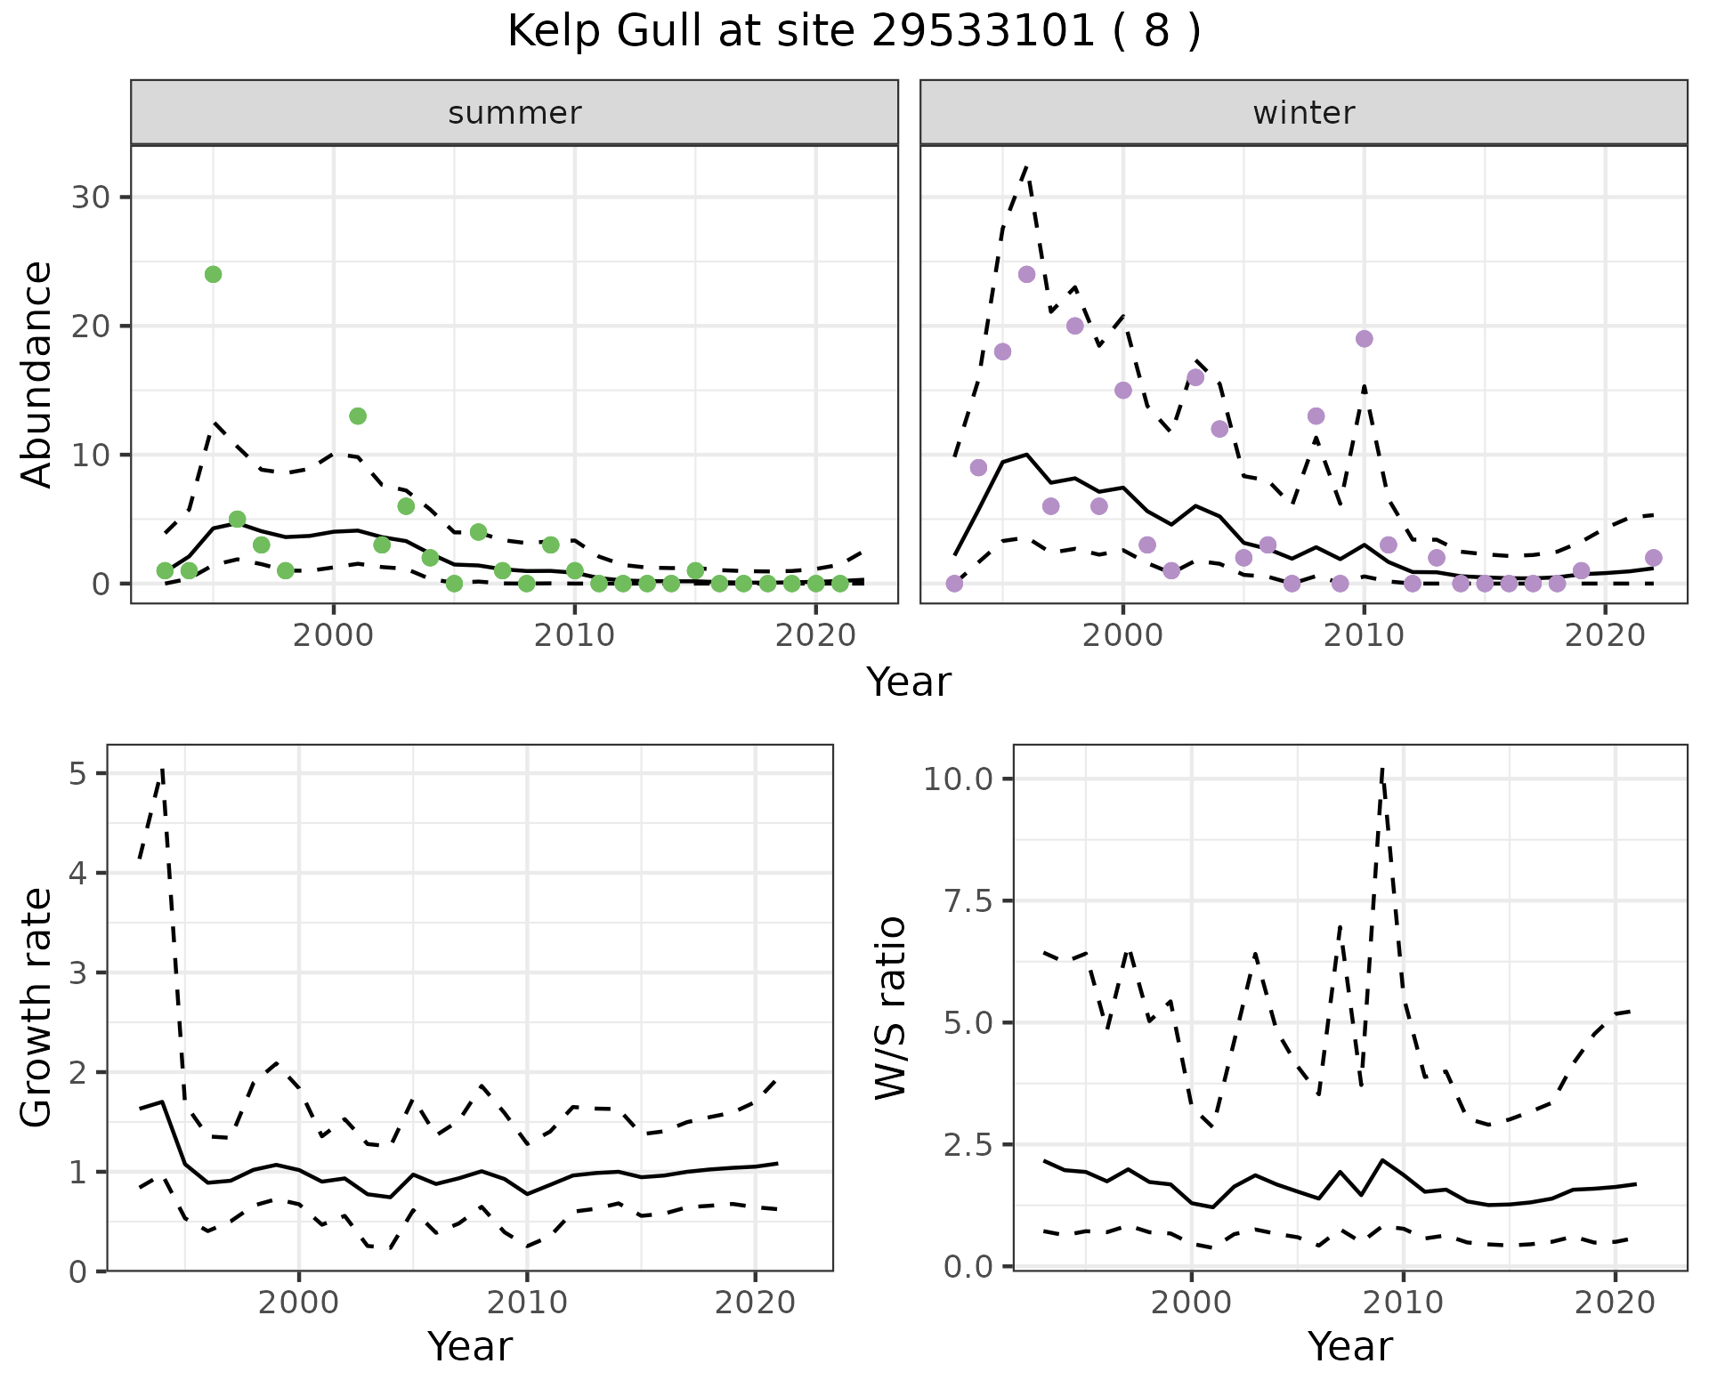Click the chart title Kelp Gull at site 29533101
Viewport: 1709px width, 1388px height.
(x=854, y=32)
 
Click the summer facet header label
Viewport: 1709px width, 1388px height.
(x=514, y=113)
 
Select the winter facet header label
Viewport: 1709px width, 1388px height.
(x=1303, y=113)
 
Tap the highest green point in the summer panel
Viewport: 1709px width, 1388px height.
(x=213, y=274)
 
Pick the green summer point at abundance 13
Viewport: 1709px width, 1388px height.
(x=358, y=416)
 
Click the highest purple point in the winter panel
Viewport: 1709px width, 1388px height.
(x=1026, y=274)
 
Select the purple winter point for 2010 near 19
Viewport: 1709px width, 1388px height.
(x=1364, y=338)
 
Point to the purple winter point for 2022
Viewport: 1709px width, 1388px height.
(x=1653, y=558)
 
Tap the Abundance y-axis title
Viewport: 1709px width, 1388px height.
(x=37, y=374)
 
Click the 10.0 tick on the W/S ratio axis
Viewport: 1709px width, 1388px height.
(x=956, y=779)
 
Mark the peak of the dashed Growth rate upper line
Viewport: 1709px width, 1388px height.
(x=162, y=769)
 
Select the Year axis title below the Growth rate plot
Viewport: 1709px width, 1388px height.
(x=470, y=1346)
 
